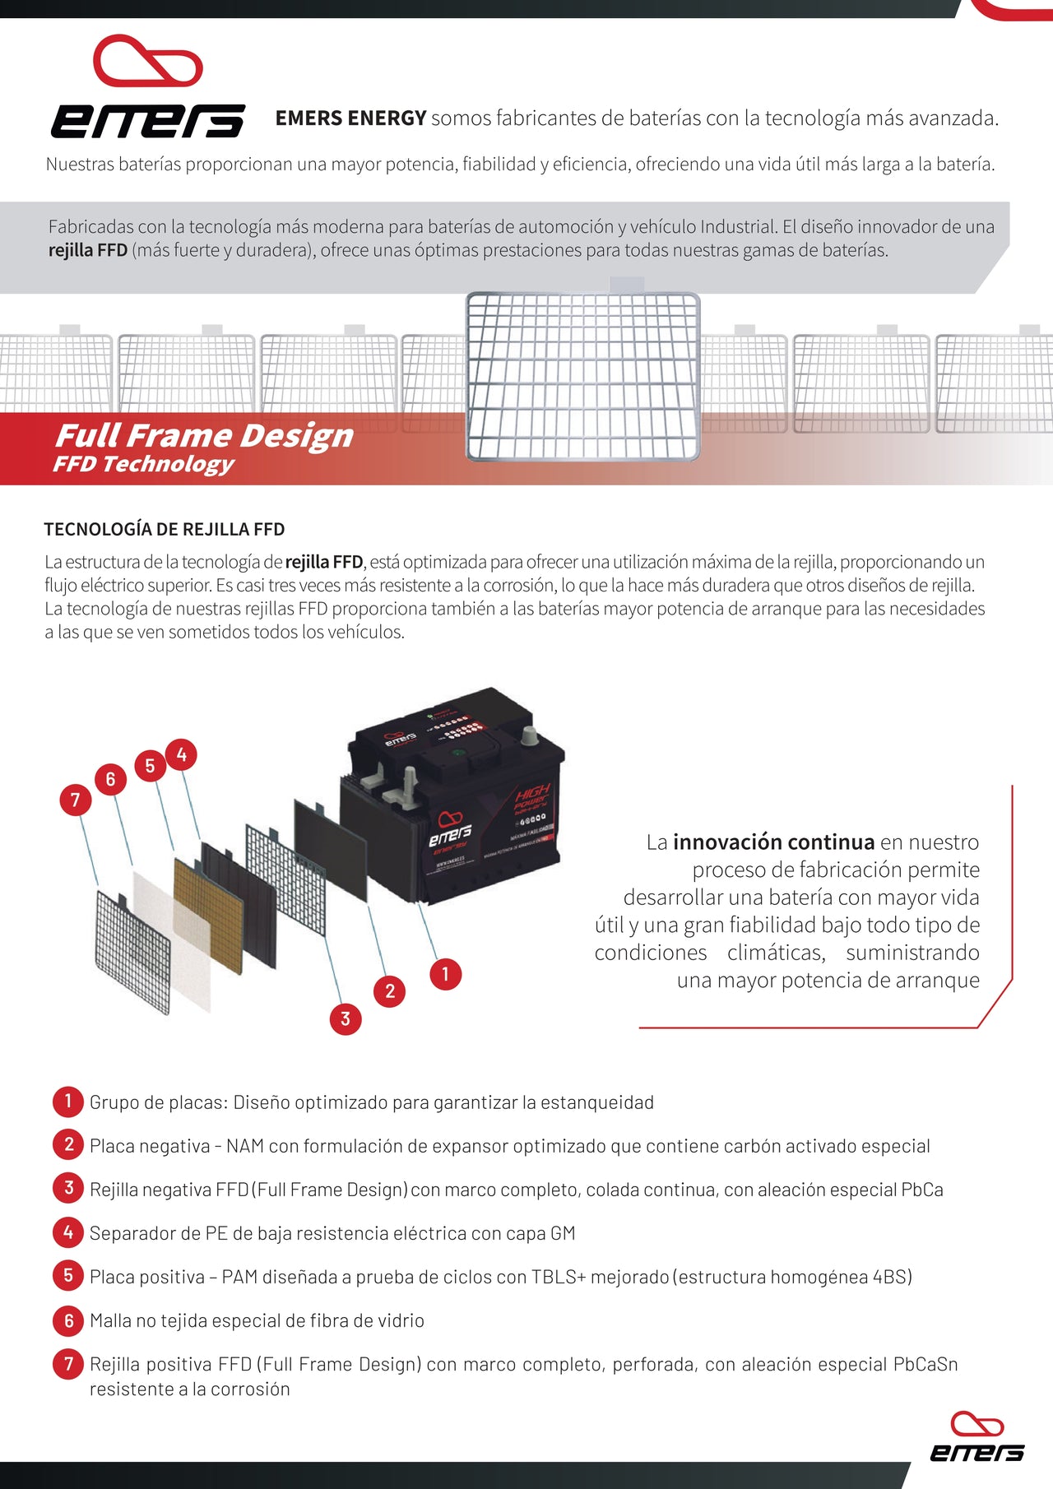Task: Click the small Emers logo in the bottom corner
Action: (976, 1437)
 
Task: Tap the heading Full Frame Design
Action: (204, 435)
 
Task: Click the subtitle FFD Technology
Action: (144, 464)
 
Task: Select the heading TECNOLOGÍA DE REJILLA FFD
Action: (165, 529)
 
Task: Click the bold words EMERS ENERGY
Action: (350, 118)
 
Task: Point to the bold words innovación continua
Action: (773, 842)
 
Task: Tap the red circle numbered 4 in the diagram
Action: (181, 754)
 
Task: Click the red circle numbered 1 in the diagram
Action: (445, 974)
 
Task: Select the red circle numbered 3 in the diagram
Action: (346, 1018)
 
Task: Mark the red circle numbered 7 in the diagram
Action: (76, 800)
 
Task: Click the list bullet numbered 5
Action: (68, 1276)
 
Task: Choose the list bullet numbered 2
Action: (68, 1144)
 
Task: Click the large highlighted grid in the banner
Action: (582, 375)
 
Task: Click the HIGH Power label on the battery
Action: (532, 798)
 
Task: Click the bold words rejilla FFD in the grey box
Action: (88, 250)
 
